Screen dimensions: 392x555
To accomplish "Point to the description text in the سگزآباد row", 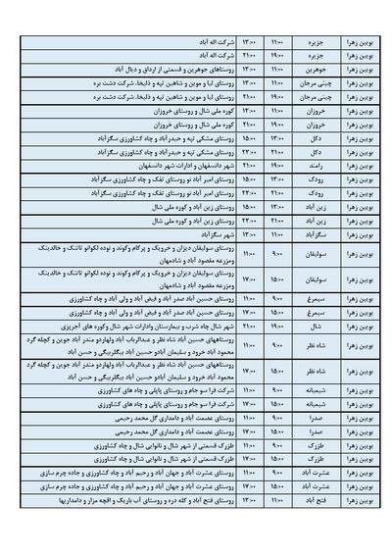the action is coord(195,236).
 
